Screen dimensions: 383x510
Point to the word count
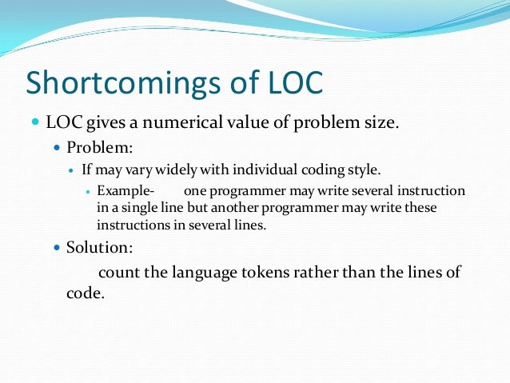point(119,272)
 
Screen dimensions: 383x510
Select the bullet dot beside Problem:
point(56,148)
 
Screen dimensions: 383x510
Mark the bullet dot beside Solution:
point(56,248)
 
